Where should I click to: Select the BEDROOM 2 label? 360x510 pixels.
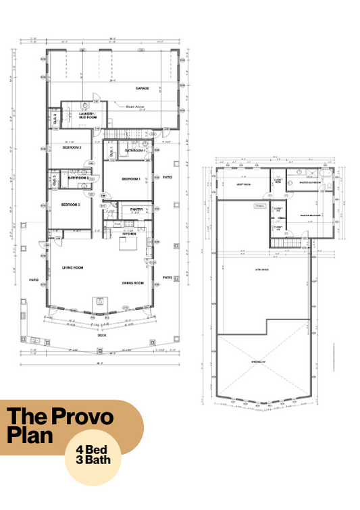click(72, 147)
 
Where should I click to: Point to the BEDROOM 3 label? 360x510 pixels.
click(70, 205)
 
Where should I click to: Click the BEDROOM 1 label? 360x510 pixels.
click(130, 179)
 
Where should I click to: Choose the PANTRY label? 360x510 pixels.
click(136, 209)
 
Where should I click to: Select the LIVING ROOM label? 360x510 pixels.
click(72, 267)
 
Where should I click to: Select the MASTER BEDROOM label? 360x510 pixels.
click(310, 215)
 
